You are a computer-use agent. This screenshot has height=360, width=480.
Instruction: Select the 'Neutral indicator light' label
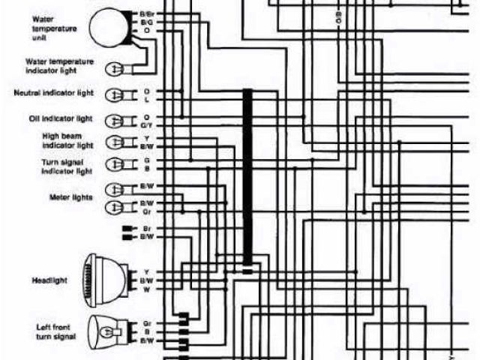pos(53,93)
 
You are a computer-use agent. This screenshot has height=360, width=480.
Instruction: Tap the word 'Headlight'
pos(51,280)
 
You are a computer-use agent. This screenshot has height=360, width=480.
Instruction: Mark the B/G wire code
pos(146,23)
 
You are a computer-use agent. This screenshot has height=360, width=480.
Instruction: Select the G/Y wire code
pos(147,124)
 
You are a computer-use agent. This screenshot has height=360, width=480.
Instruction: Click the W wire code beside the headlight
pos(147,289)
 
